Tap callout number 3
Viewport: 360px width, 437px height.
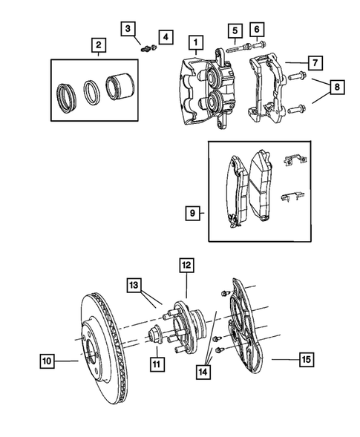(128, 29)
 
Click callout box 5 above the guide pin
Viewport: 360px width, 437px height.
(235, 31)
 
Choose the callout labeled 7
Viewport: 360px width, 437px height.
(257, 30)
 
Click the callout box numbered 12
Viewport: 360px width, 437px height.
(157, 363)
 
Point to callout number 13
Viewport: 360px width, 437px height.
(186, 264)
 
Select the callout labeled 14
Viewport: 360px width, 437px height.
(134, 286)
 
